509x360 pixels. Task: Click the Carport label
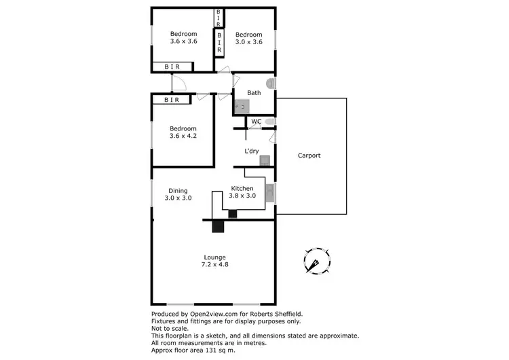(x=309, y=156)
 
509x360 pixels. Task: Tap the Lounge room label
(x=214, y=257)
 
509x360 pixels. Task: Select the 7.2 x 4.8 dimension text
(x=214, y=265)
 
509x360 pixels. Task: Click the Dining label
(x=178, y=191)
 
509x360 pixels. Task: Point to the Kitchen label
(x=242, y=188)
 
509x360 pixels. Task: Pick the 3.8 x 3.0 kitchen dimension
(x=242, y=196)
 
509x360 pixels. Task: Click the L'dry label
(x=251, y=151)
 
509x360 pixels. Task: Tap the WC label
(x=256, y=122)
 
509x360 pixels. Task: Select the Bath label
(x=254, y=93)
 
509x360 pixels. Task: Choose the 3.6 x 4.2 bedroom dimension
(x=183, y=136)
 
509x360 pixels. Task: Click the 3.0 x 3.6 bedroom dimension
(x=248, y=42)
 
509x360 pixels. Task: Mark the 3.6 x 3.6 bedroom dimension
(x=183, y=42)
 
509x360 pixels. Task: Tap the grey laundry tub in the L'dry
(x=265, y=161)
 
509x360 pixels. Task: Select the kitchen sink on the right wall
(x=270, y=193)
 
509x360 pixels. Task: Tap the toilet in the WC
(x=270, y=122)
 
